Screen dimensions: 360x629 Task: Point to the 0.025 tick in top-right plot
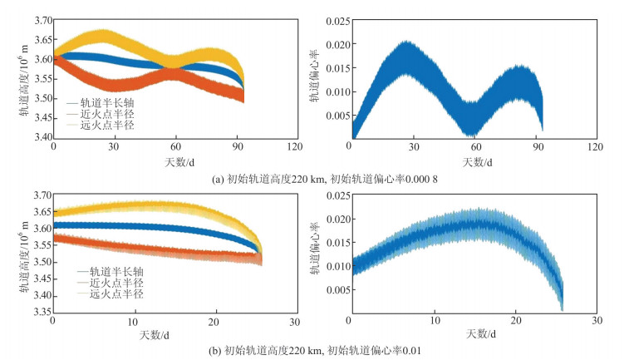(x=332, y=17)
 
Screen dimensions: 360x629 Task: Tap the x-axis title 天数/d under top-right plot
(x=472, y=160)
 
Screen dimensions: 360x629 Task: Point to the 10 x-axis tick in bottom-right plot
(x=434, y=320)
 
